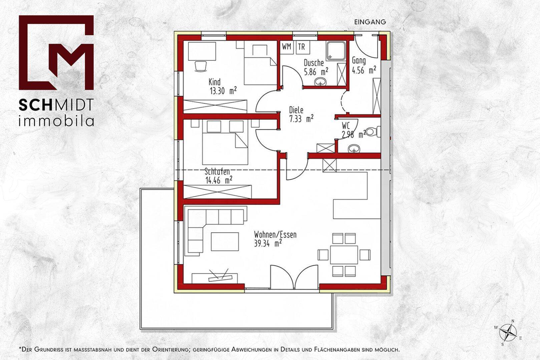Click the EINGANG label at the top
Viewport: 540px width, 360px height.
pyautogui.click(x=370, y=22)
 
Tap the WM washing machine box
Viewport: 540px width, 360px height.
pyautogui.click(x=287, y=46)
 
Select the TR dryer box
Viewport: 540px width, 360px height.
pyautogui.click(x=302, y=46)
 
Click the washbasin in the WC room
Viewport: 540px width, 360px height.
pyautogui.click(x=354, y=148)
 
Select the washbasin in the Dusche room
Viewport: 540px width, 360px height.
pyautogui.click(x=321, y=82)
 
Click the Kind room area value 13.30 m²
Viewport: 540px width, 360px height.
pyautogui.click(x=223, y=91)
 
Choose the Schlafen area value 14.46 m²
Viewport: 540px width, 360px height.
pyautogui.click(x=219, y=180)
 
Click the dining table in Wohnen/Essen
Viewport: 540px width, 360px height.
pyautogui.click(x=344, y=255)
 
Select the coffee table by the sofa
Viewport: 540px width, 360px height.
pyautogui.click(x=225, y=242)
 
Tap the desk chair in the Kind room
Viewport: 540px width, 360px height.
pyautogui.click(x=200, y=66)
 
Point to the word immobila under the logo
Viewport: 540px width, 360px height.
pyautogui.click(x=56, y=121)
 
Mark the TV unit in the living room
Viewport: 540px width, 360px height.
pyautogui.click(x=214, y=278)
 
